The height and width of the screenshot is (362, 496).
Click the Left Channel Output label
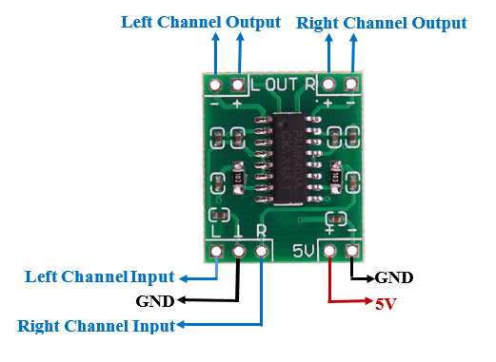point(200,21)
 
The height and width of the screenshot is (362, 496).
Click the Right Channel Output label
point(382,22)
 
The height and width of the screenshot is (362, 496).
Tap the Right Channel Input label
point(95,326)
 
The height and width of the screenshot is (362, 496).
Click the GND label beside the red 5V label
point(394,278)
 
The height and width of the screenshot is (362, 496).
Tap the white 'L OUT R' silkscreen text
point(283,86)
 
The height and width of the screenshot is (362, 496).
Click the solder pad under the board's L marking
point(218,252)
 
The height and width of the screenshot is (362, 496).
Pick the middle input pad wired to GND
point(241,252)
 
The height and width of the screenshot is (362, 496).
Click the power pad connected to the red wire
point(330,252)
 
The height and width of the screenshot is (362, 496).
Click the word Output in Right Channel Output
point(435,22)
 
